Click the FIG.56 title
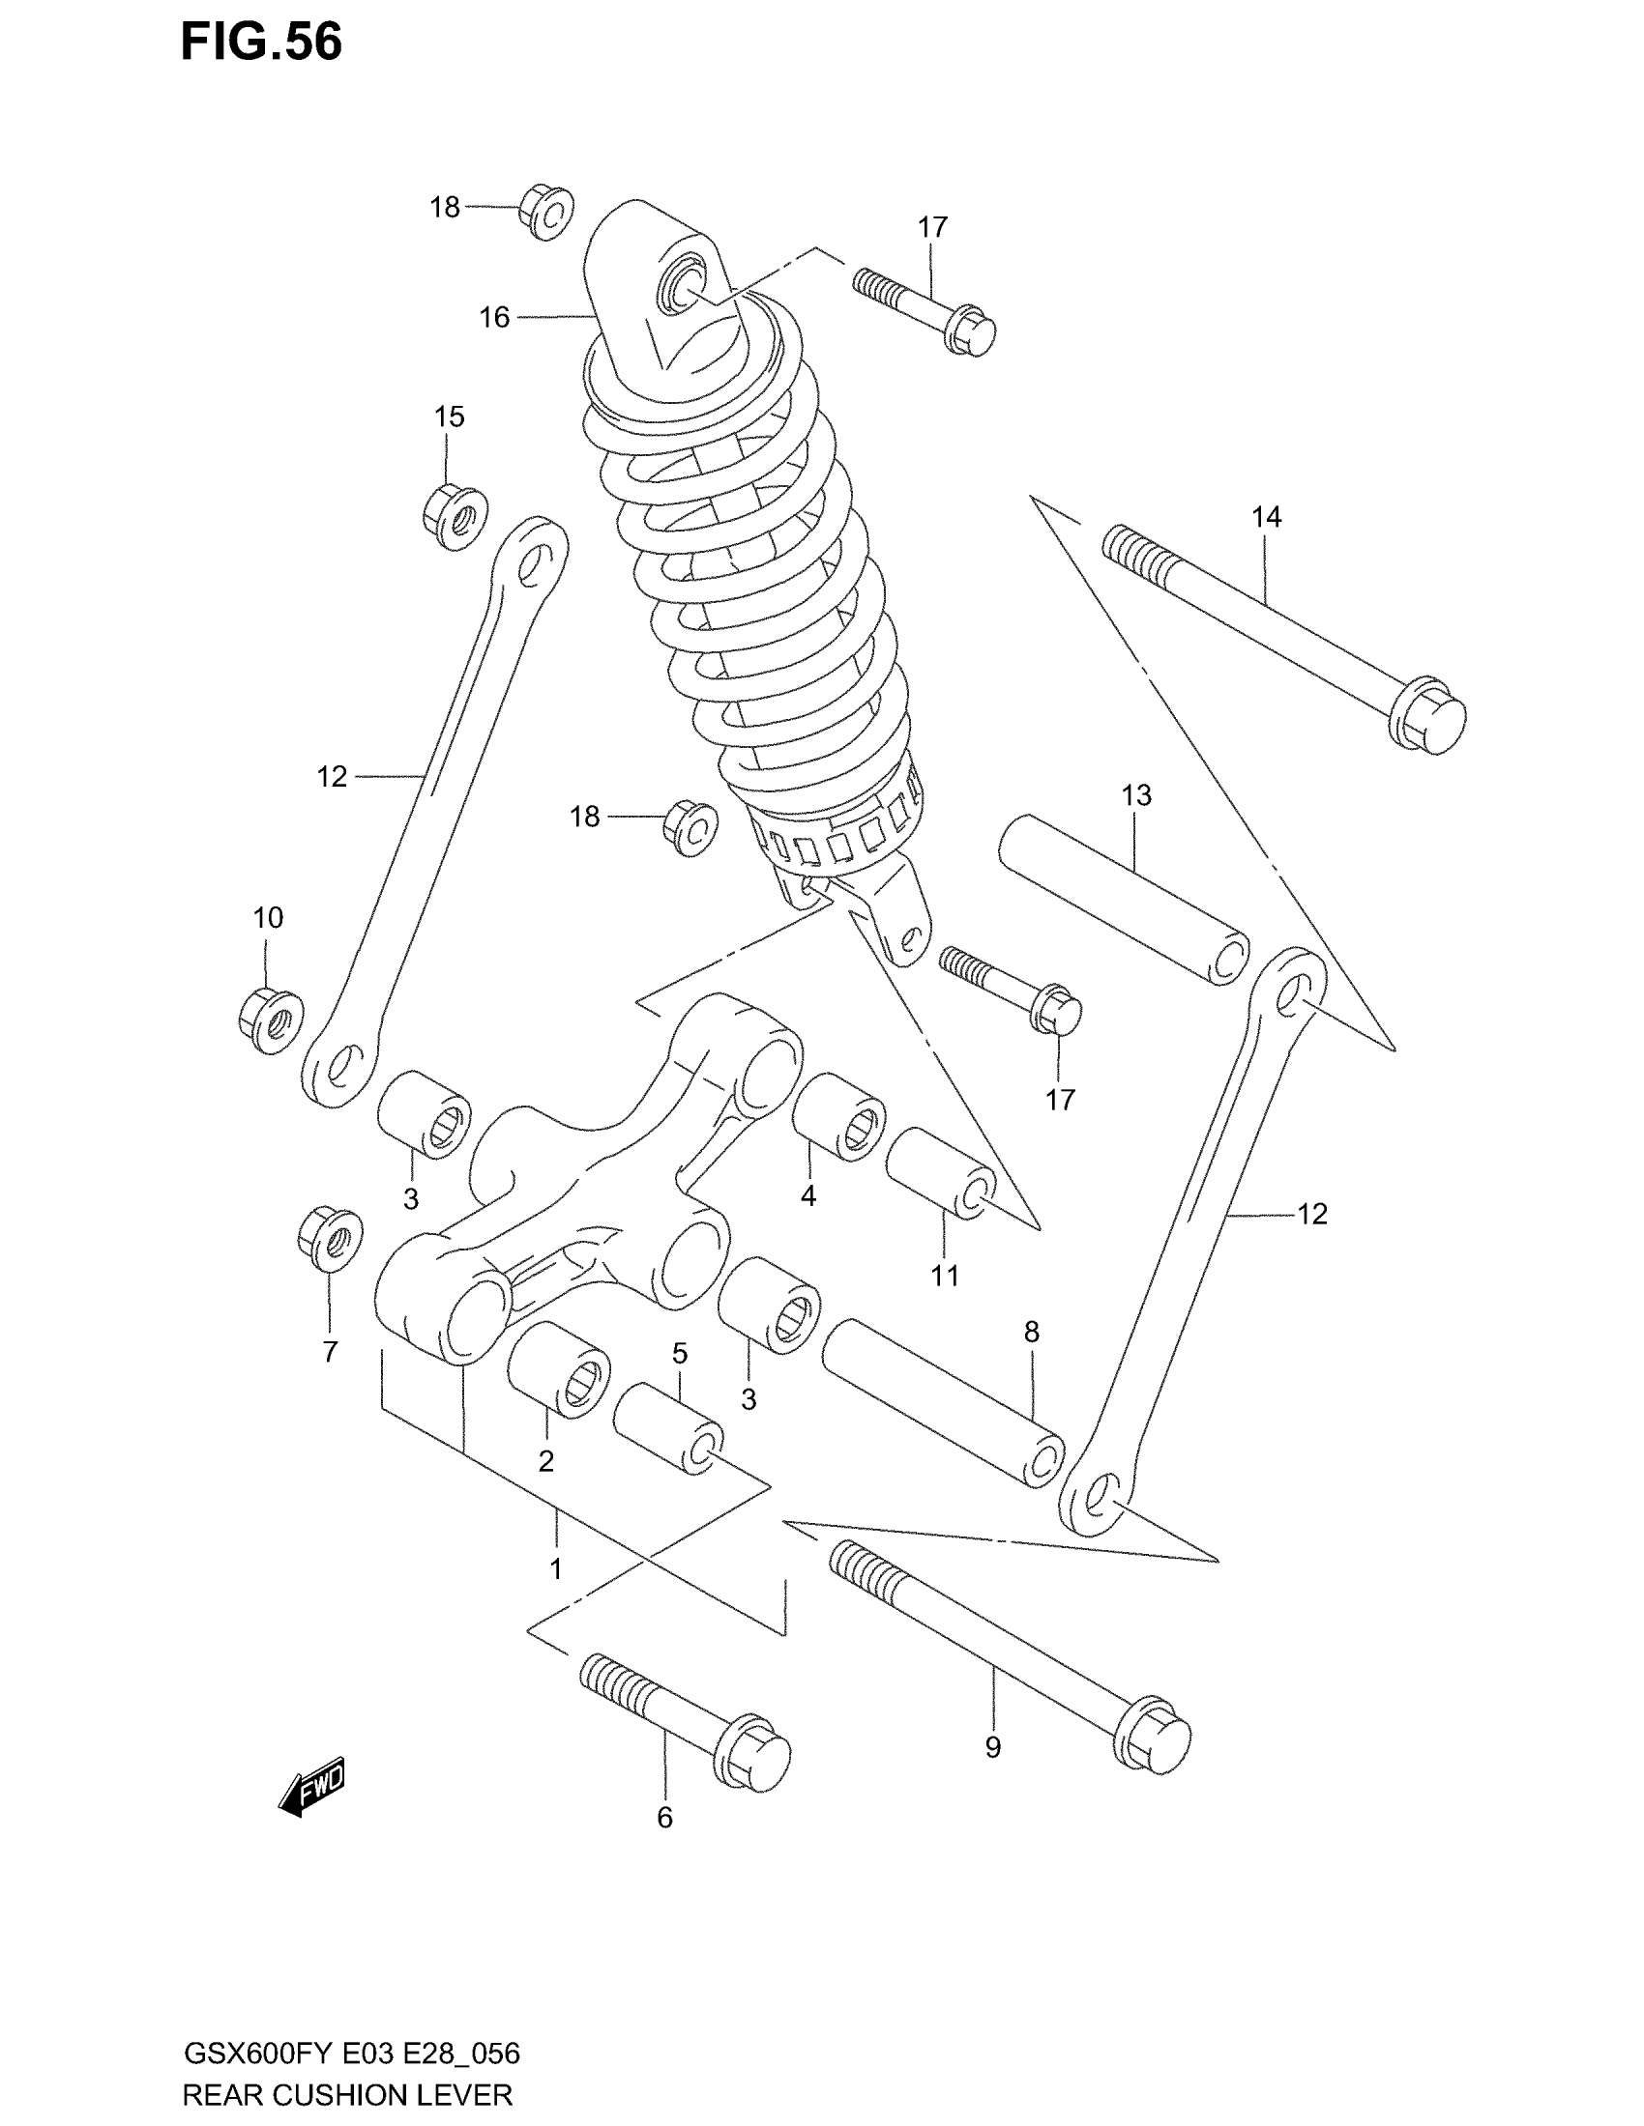tap(261, 43)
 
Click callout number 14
tap(1266, 517)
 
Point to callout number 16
tap(495, 317)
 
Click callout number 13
tap(1136, 795)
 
